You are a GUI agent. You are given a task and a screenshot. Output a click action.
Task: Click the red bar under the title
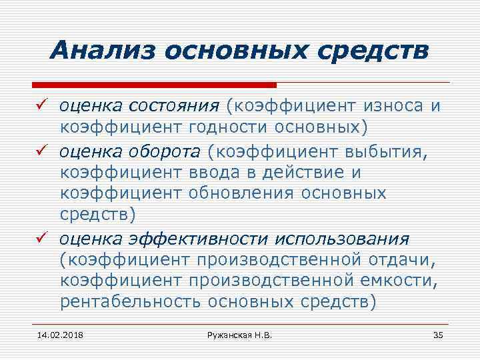[x=154, y=85]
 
